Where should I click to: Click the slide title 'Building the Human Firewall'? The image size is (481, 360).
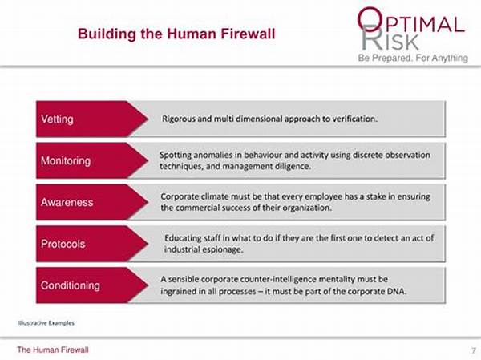[x=176, y=34]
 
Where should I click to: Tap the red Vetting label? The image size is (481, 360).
[x=57, y=119]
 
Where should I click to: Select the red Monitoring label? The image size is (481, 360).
[x=66, y=160]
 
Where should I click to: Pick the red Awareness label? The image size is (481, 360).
[x=67, y=202]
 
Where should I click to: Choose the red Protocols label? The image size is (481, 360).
[x=63, y=244]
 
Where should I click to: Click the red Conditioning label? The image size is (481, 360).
[x=71, y=285]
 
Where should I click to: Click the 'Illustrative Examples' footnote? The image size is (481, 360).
[x=46, y=323]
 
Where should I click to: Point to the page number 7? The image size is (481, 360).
[x=474, y=350]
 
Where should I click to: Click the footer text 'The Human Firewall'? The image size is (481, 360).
[x=53, y=350]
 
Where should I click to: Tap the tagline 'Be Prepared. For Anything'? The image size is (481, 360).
[x=413, y=58]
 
